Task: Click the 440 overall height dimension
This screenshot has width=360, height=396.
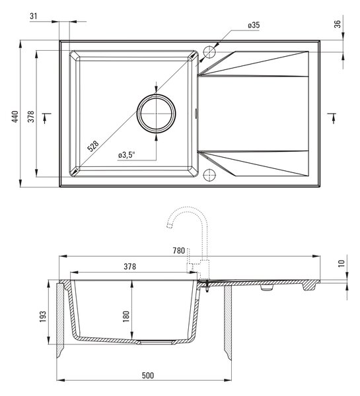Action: (x=15, y=116)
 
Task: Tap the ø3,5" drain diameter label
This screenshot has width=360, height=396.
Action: (x=127, y=155)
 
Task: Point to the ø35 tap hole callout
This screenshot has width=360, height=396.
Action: (x=254, y=25)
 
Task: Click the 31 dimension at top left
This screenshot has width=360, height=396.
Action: (x=34, y=16)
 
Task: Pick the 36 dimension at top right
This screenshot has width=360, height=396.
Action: (x=338, y=24)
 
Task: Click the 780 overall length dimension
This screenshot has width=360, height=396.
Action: (x=179, y=251)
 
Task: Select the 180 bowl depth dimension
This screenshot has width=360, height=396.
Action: (x=126, y=316)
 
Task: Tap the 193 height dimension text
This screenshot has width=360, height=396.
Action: (x=43, y=316)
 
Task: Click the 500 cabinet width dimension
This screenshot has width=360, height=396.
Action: (x=148, y=376)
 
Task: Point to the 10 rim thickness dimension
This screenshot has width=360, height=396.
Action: (x=342, y=263)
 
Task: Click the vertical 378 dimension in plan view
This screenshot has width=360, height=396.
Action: (x=31, y=116)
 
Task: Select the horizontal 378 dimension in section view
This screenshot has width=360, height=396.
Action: (x=130, y=267)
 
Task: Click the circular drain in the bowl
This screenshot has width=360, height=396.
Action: (x=156, y=114)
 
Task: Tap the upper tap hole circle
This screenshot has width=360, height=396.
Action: (x=209, y=52)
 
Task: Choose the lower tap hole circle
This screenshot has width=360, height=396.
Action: (x=209, y=175)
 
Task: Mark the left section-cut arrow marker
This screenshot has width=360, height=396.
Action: (x=46, y=118)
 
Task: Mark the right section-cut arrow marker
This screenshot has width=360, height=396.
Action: (x=333, y=118)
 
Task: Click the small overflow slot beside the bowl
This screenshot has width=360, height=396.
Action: (x=196, y=113)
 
